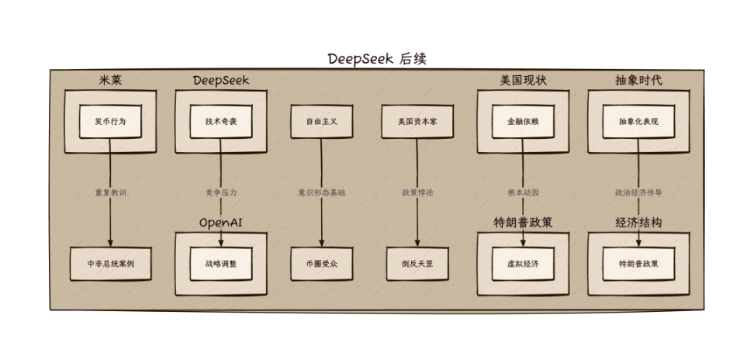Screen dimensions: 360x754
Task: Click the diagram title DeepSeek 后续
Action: pos(377,59)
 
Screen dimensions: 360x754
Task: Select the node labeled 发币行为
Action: pos(110,122)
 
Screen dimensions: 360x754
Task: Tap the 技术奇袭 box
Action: pos(221,122)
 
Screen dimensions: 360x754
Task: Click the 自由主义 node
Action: pos(320,122)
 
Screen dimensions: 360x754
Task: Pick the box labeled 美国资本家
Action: pos(417,122)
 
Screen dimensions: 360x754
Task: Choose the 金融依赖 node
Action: pos(523,122)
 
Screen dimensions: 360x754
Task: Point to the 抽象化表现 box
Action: pos(638,122)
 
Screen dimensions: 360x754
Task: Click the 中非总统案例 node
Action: pos(110,264)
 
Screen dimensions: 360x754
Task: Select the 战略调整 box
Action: pos(221,264)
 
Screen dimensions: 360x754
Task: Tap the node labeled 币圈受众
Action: pos(320,264)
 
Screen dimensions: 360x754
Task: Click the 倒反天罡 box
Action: pos(417,264)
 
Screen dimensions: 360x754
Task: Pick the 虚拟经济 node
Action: pos(523,264)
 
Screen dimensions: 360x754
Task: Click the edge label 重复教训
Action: pos(110,192)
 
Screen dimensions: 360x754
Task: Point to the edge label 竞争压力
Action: pos(221,192)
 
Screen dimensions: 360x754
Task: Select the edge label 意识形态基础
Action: pos(321,192)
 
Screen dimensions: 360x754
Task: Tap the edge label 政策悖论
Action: pos(417,192)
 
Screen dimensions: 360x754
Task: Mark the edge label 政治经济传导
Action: pos(638,192)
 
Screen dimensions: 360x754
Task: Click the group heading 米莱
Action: pos(110,81)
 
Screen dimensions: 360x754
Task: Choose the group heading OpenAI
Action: pos(221,223)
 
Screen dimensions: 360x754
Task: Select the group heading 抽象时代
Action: pos(638,81)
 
